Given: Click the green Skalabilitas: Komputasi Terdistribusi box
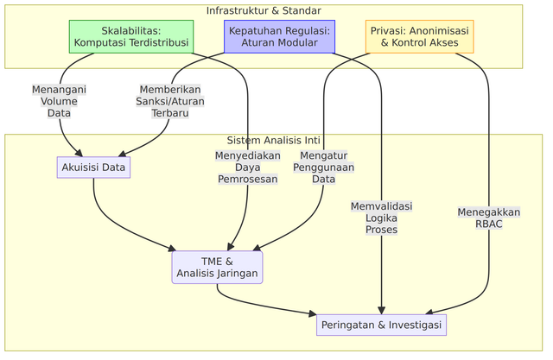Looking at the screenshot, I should tap(131, 36).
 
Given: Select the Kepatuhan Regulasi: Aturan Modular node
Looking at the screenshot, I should tap(280, 36).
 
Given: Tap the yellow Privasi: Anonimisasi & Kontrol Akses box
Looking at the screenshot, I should tap(419, 36).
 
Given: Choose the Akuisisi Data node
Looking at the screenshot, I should tap(93, 166).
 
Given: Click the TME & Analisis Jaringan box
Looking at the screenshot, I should tap(217, 268).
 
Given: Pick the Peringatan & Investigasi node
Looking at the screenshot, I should tap(381, 325).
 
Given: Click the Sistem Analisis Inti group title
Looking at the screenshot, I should tap(273, 141).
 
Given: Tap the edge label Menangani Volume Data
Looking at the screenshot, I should tap(59, 101).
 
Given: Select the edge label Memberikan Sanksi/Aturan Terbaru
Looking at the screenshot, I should tap(169, 101).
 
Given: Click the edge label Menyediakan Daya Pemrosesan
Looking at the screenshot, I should tap(247, 167).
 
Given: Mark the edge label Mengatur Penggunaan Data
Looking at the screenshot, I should tap(323, 167).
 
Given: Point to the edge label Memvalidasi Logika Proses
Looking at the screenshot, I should tap(381, 218).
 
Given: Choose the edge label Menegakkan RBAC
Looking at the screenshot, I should tap(489, 218).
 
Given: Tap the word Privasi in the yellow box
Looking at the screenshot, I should tap(390, 30).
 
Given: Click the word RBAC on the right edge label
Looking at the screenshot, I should tap(489, 224).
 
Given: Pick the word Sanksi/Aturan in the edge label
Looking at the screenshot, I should tap(169, 101).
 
